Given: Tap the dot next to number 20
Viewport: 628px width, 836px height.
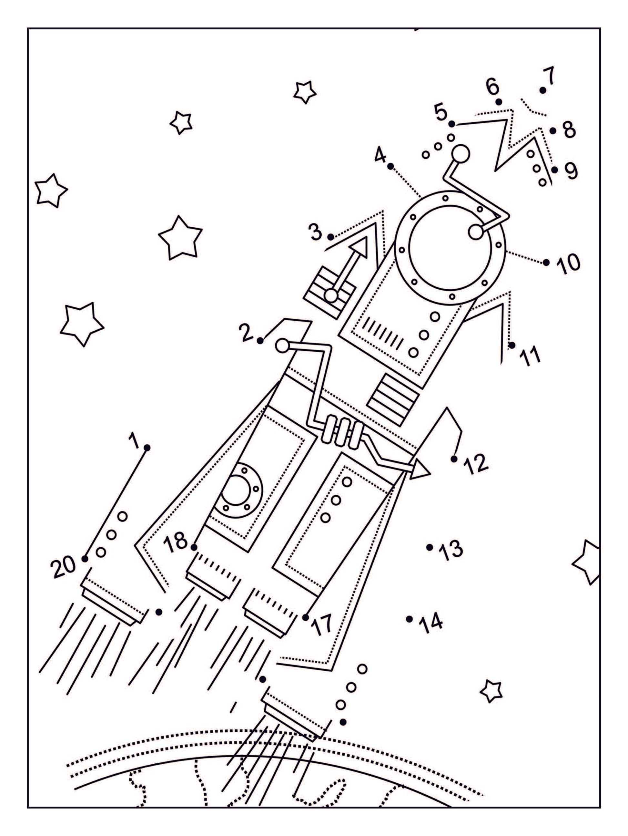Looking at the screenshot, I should point(85,559).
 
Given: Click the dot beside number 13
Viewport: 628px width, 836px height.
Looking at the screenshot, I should point(429,547).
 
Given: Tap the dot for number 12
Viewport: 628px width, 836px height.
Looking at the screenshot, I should point(454,459).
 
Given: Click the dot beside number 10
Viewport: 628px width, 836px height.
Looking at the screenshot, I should point(546,262).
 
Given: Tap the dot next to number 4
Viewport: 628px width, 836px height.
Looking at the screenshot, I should point(391,166).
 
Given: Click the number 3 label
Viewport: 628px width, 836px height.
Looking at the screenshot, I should point(316,232).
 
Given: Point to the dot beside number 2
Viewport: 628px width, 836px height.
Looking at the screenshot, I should point(260,341).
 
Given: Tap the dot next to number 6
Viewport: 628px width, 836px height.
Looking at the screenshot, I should point(499,102).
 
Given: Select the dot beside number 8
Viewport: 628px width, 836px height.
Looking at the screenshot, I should point(553,130).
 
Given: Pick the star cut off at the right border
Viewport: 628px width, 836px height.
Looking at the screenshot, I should point(588,562).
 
